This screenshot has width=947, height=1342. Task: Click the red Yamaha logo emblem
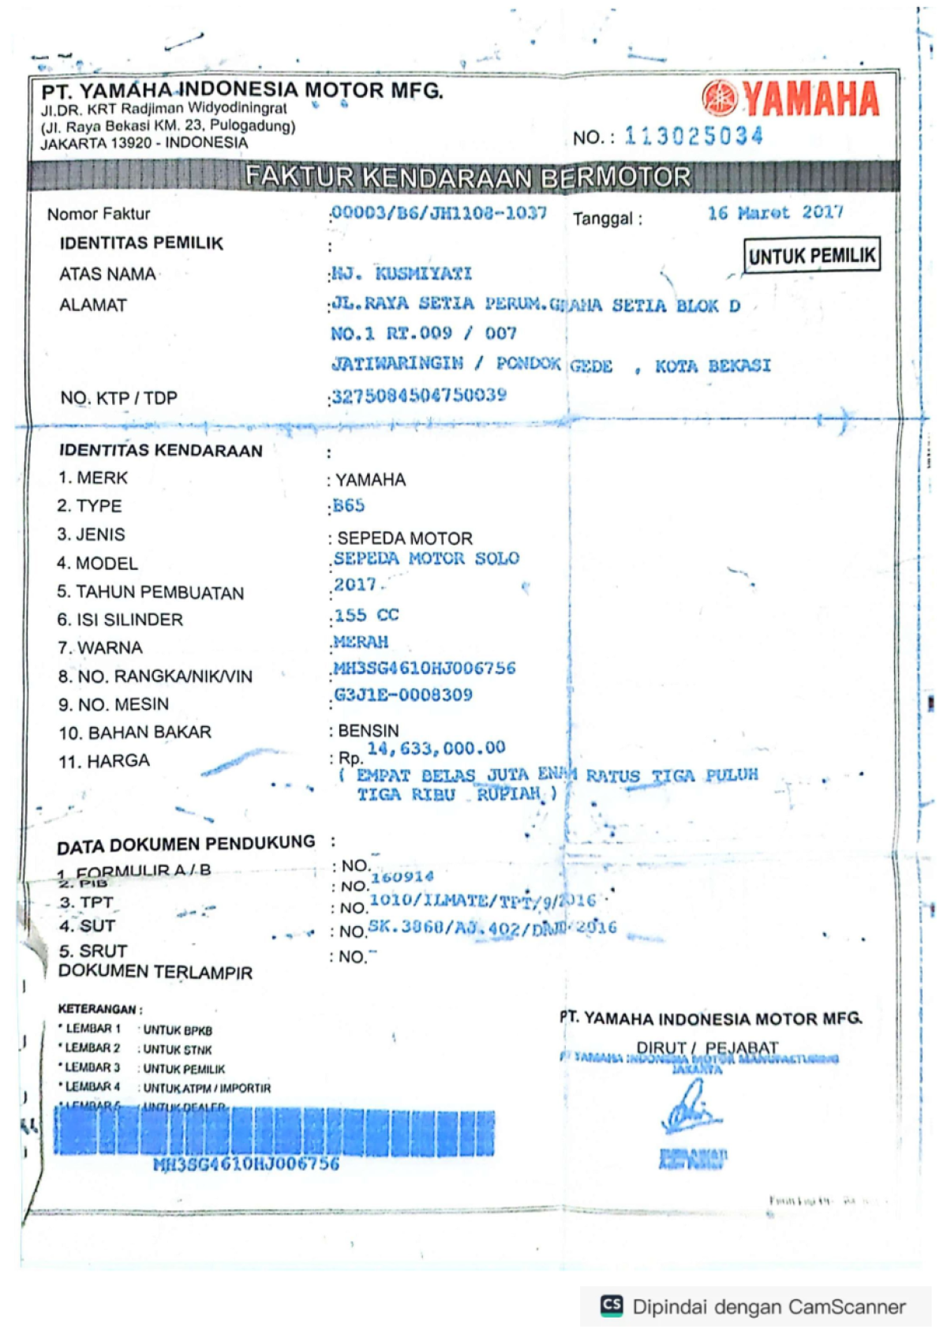[719, 98]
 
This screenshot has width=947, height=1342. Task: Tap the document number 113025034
[694, 137]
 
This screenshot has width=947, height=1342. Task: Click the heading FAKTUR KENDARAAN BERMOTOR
[467, 177]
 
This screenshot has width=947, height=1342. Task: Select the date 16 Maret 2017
[775, 213]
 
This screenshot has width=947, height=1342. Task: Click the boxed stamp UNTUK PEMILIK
[811, 256]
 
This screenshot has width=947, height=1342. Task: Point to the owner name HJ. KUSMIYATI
[401, 274]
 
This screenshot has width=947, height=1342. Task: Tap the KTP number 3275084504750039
[419, 395]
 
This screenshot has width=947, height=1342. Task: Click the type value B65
[349, 506]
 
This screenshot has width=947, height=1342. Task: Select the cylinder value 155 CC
[366, 615]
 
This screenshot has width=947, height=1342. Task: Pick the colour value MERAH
[361, 642]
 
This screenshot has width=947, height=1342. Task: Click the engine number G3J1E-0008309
[403, 695]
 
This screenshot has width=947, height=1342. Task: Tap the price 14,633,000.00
[436, 748]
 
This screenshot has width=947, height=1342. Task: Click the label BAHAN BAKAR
[149, 733]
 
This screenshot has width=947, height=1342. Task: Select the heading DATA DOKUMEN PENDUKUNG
[185, 845]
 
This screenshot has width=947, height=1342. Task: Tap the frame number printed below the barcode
[246, 1164]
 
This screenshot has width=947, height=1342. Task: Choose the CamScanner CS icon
[612, 1306]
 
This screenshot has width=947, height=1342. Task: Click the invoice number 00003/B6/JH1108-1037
[439, 213]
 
